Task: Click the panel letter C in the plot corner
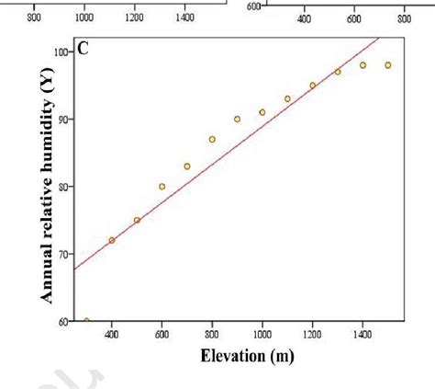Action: pyautogui.click(x=83, y=48)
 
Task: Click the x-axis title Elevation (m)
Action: pyautogui.click(x=238, y=356)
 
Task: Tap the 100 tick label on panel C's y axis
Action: pyautogui.click(x=60, y=52)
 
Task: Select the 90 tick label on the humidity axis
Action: pyautogui.click(x=61, y=120)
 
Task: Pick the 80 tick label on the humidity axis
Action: pyautogui.click(x=61, y=187)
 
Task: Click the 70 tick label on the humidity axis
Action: pyautogui.click(x=61, y=254)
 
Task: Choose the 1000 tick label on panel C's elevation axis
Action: pyautogui.click(x=262, y=334)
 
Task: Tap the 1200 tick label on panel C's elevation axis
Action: pyautogui.click(x=312, y=334)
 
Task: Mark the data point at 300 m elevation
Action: pyautogui.click(x=86, y=321)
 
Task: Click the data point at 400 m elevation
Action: pyautogui.click(x=112, y=240)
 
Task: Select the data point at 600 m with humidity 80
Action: pyautogui.click(x=162, y=187)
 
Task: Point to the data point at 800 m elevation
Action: pyautogui.click(x=212, y=140)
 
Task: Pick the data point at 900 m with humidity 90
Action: pyautogui.click(x=237, y=120)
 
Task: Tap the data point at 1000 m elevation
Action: pyautogui.click(x=262, y=112)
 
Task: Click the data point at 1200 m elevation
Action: pyautogui.click(x=312, y=86)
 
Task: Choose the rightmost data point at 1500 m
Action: pyautogui.click(x=387, y=65)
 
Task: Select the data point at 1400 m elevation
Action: pyautogui.click(x=362, y=65)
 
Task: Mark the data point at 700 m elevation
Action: pyautogui.click(x=187, y=166)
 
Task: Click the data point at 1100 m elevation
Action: pyautogui.click(x=287, y=99)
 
